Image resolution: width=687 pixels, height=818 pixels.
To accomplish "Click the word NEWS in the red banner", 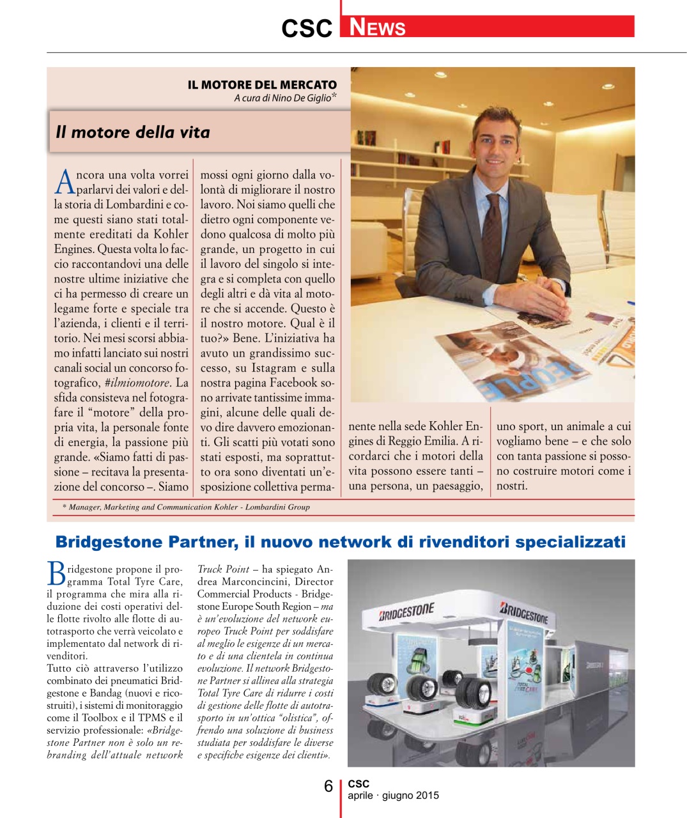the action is pos(378,27).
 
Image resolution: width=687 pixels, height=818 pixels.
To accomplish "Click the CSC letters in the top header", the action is pos(307,28).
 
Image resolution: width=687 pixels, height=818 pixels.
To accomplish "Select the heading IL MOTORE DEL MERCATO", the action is pos(262,84).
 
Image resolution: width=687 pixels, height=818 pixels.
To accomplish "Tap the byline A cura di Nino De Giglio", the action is pos(282,98).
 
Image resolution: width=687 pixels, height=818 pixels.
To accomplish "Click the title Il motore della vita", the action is pos(133,132).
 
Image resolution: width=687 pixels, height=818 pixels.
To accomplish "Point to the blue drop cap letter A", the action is pos(65,182).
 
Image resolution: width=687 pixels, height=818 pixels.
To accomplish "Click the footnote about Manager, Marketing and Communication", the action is pos(186,507).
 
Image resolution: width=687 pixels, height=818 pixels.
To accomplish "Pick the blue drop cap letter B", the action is pos(56,574).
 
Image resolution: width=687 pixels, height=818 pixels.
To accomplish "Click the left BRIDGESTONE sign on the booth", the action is pos(406,612).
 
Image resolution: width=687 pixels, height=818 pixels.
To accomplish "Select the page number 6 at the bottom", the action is pos(328,786).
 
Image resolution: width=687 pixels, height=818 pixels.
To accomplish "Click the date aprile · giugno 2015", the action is pos(393,796).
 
